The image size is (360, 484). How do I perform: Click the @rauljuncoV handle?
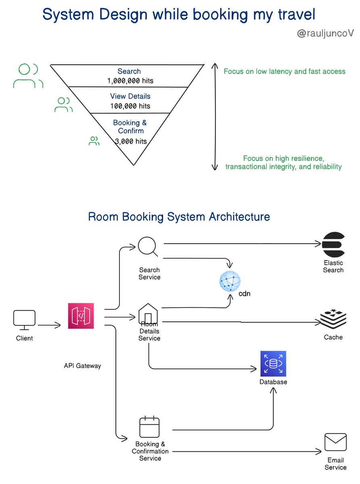[x=325, y=33]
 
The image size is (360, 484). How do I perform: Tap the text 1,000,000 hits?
[x=130, y=81]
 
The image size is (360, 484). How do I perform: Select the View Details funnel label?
[x=130, y=96]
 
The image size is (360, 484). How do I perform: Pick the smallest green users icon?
[x=94, y=141]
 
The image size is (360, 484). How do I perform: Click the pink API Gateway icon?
[x=81, y=316]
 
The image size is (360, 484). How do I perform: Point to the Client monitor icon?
[x=24, y=319]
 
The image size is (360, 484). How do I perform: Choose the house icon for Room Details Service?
[x=149, y=314]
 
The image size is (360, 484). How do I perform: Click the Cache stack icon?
[x=333, y=319]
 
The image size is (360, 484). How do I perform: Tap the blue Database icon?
[x=273, y=363]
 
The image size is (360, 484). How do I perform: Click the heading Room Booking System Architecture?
[x=179, y=217]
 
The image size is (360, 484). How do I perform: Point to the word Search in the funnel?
[x=129, y=72]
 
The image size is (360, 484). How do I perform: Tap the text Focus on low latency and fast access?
[x=285, y=72]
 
